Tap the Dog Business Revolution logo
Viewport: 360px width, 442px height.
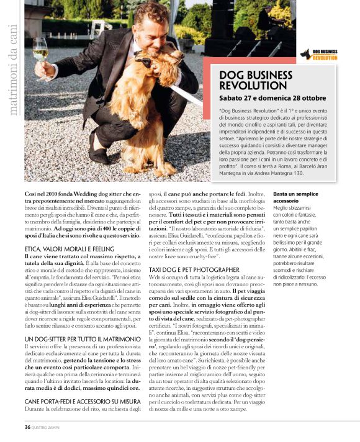point(319,55)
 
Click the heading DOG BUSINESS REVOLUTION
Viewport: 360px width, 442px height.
point(256,79)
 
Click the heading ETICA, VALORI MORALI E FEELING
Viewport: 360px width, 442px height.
point(70,248)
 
